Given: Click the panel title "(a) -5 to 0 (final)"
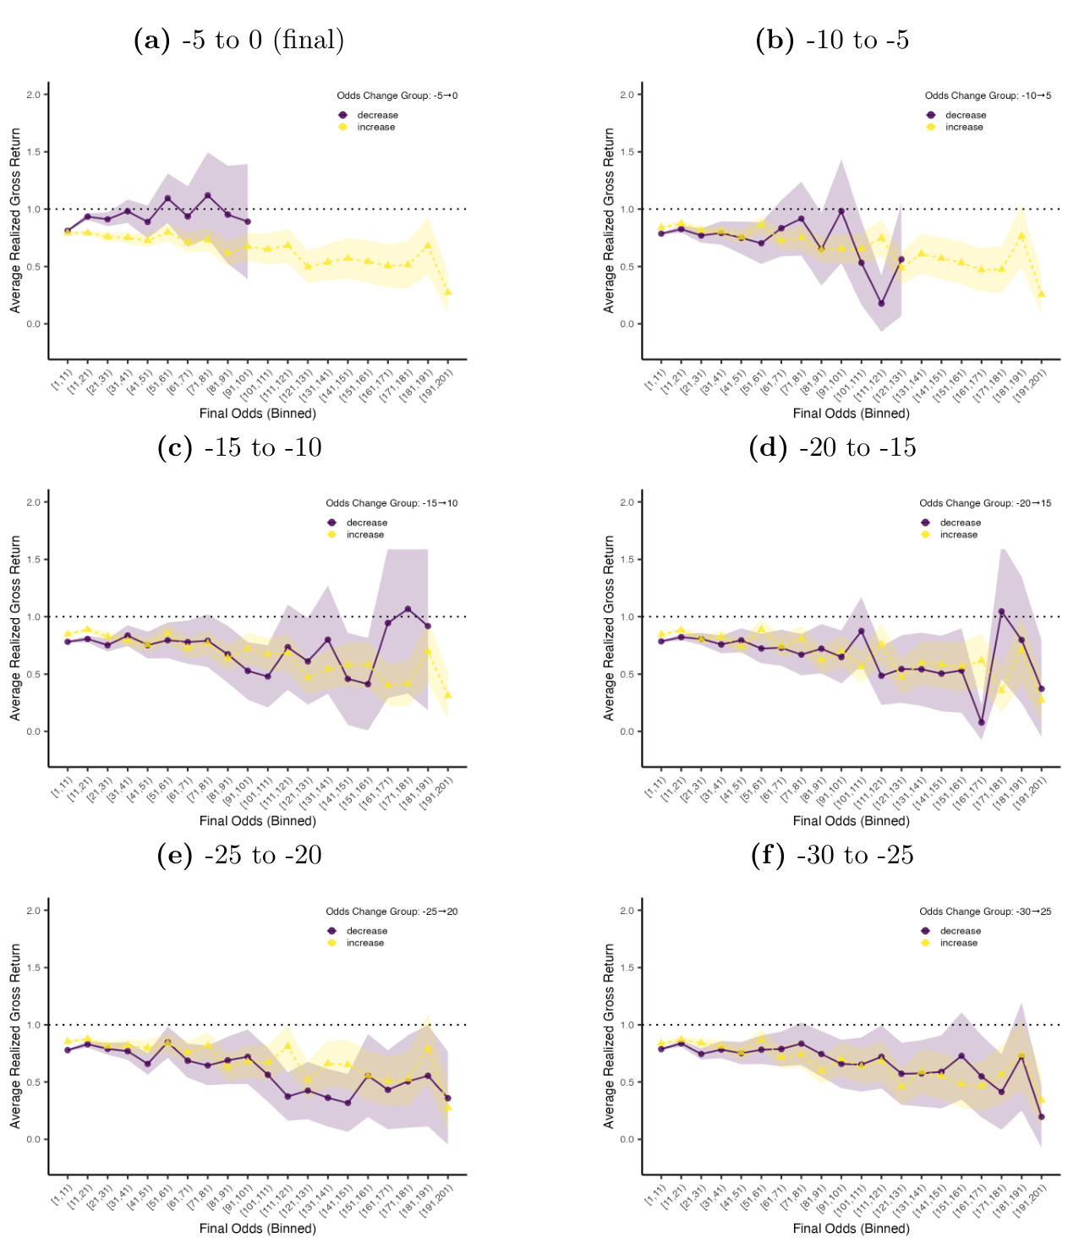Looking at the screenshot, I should pos(238,40).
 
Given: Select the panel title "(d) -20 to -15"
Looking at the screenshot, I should pos(832,447).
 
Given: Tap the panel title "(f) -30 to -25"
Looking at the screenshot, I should pos(832,855).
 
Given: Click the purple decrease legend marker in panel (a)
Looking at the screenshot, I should pos(342,115).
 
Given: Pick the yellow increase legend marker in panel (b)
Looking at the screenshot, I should pos(931,127).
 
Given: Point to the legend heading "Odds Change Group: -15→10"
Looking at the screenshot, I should pos(392,503).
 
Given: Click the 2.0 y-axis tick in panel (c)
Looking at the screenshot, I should pos(34,502).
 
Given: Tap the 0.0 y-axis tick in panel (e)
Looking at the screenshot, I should pos(34,1140).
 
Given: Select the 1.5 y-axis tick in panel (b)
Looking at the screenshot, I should pos(627,152).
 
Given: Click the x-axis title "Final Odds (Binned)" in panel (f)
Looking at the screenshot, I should pos(851,1229).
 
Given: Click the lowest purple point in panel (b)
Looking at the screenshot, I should pos(881,304).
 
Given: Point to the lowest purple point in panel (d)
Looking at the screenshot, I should pos(981,722).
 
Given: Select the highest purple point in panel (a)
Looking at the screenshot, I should pos(207,195).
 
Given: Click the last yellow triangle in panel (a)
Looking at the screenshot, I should pos(447,292).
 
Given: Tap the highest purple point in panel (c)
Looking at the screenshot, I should pos(408,609).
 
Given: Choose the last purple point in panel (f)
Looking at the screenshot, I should pos(1041,1117).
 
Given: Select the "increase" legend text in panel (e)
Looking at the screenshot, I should pos(364,943).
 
